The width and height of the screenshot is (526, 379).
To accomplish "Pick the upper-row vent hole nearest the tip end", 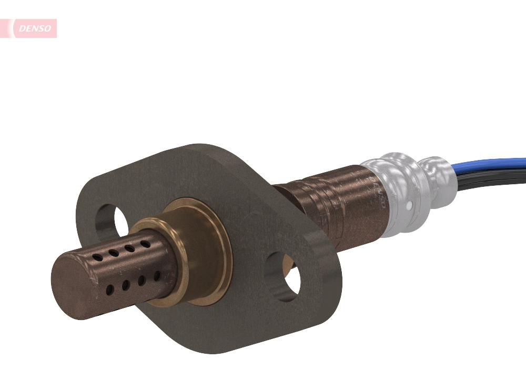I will pyautogui.click(x=97, y=257).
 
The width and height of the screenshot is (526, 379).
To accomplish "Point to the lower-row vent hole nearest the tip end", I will pyautogui.click(x=109, y=290).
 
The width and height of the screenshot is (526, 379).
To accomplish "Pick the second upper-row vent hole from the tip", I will pyautogui.click(x=113, y=253).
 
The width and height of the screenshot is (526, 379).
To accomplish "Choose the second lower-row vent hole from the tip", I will pyautogui.click(x=126, y=285).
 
